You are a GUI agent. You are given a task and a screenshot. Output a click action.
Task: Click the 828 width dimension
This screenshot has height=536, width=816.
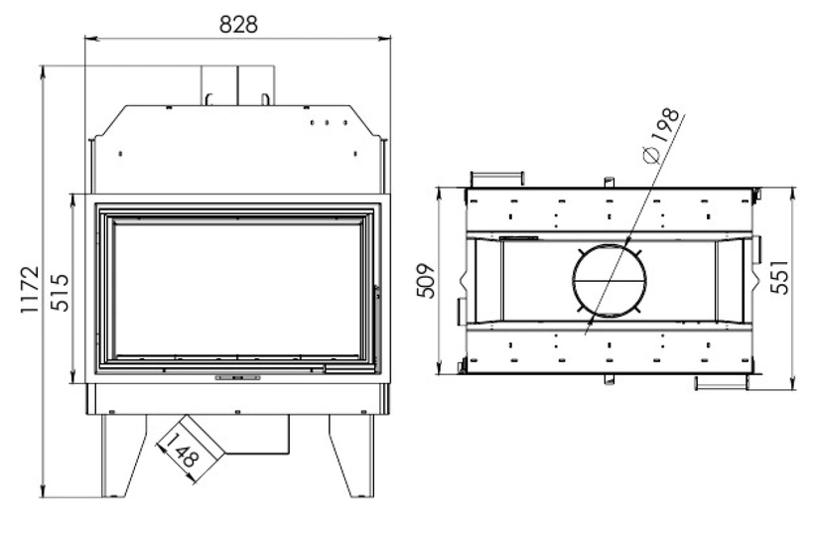[x=237, y=24]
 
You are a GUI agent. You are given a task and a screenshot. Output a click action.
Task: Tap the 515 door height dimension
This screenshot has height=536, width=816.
[x=61, y=288]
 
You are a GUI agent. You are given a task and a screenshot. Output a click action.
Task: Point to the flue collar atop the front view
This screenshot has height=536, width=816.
[x=239, y=85]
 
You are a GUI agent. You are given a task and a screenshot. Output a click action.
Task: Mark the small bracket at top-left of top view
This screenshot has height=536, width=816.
[x=495, y=176]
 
